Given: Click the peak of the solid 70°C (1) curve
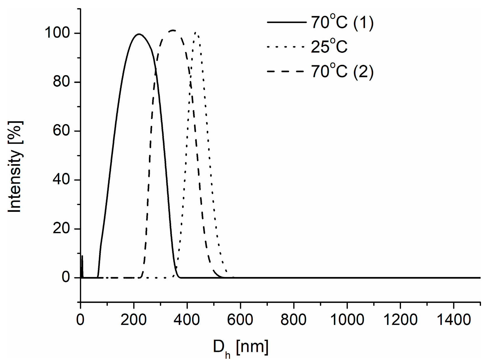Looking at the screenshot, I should (x=139, y=34).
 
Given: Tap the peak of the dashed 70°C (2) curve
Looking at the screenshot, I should (x=173, y=30).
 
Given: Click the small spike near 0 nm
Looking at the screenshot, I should (x=82, y=257).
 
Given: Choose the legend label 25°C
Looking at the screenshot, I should (x=329, y=47).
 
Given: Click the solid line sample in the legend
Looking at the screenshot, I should (x=286, y=22).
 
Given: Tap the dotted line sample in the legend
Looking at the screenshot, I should (x=286, y=47).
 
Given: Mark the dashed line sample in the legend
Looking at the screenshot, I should (x=286, y=71).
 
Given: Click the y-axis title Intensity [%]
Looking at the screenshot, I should (x=15, y=167).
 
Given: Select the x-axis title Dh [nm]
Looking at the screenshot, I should (x=240, y=348).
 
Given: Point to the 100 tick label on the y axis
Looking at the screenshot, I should (x=57, y=33).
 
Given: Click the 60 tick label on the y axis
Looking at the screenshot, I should (x=62, y=131).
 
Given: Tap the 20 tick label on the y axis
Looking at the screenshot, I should (x=62, y=228).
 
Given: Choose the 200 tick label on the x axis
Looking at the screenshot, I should (x=133, y=320).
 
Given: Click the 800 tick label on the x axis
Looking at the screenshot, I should (x=294, y=320).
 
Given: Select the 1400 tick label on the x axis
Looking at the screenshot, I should (x=453, y=320).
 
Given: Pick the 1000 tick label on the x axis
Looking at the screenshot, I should (x=347, y=320).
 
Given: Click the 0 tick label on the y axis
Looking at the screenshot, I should (x=66, y=277).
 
